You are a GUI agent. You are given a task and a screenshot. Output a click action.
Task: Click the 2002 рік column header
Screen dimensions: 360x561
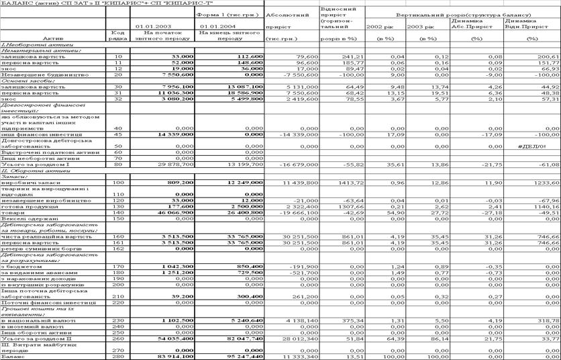(x=380, y=26)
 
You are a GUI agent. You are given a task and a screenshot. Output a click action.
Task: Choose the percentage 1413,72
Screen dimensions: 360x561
(x=340, y=183)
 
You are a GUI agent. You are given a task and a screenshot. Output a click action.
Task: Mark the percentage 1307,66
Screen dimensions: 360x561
(x=340, y=207)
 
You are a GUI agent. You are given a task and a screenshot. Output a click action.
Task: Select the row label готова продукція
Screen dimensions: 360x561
(x=28, y=207)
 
